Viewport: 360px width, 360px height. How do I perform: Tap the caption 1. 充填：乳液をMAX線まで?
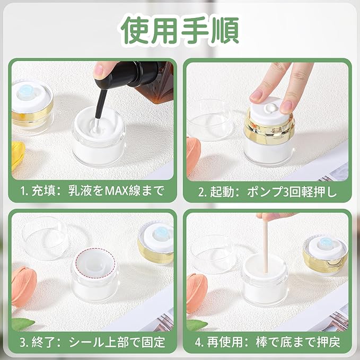(92, 191)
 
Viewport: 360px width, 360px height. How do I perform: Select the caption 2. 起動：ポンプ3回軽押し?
(267, 192)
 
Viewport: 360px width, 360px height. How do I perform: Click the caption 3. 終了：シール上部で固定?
(92, 342)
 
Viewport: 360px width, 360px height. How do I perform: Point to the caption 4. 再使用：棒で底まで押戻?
(267, 342)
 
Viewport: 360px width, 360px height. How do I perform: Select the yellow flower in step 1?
(17, 154)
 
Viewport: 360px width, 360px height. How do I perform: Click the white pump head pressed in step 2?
(269, 112)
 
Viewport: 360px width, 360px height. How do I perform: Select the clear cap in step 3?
(46, 238)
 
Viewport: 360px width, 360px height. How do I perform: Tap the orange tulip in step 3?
(24, 286)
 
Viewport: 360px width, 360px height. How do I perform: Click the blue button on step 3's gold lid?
(161, 234)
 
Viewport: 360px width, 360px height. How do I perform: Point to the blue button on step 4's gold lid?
(326, 243)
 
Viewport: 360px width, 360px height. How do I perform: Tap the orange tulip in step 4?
(195, 293)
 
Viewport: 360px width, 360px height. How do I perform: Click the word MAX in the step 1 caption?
(116, 191)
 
